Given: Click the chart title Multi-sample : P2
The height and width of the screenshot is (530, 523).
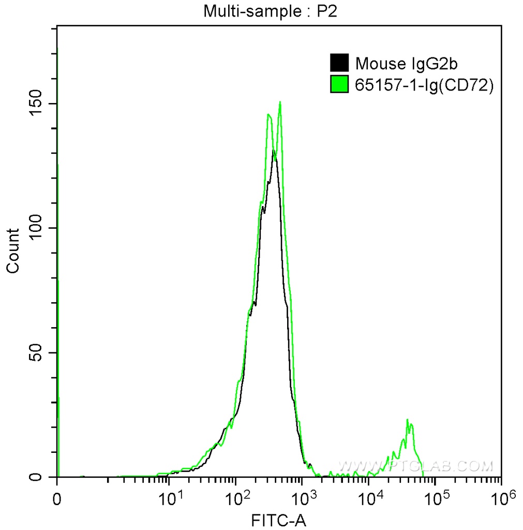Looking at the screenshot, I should pyautogui.click(x=270, y=11).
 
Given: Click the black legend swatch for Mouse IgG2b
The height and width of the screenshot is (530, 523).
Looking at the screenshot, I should pyautogui.click(x=339, y=63).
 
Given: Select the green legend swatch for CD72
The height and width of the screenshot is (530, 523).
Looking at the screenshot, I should pyautogui.click(x=339, y=84).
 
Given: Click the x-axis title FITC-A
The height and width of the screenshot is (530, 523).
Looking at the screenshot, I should pyautogui.click(x=278, y=520).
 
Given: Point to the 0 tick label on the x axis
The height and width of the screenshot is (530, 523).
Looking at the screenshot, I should pyautogui.click(x=57, y=500).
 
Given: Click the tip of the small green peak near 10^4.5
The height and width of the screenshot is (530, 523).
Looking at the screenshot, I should pyautogui.click(x=408, y=419).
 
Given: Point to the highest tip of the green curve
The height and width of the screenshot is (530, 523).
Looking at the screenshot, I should pyautogui.click(x=280, y=101).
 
